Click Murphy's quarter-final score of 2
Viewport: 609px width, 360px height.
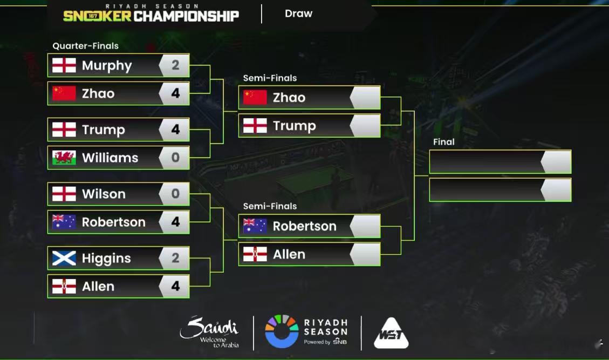(x=175, y=65)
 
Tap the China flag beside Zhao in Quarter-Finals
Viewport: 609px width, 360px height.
(x=64, y=93)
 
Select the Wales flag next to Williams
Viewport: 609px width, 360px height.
(x=64, y=158)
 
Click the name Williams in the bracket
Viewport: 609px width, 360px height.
(x=110, y=158)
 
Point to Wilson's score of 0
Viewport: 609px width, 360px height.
(x=175, y=194)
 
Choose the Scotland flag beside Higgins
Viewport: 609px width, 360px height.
(x=64, y=258)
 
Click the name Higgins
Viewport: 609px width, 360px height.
(x=106, y=259)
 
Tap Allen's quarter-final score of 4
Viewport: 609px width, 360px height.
(x=175, y=286)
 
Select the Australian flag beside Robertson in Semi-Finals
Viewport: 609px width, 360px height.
(x=255, y=226)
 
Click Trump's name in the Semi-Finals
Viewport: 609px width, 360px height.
(x=294, y=126)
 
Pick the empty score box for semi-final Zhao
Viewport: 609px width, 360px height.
(x=366, y=98)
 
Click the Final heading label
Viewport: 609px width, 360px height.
(x=443, y=142)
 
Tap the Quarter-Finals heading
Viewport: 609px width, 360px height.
(x=85, y=46)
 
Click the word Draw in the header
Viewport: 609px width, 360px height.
(x=298, y=13)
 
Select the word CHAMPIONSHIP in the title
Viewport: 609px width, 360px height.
(x=186, y=16)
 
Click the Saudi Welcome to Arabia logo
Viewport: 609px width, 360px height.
(x=209, y=331)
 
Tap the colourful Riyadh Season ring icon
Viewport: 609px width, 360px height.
(x=282, y=331)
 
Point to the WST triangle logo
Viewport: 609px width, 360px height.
(x=391, y=333)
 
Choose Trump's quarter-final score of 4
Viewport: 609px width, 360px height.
(x=175, y=130)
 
